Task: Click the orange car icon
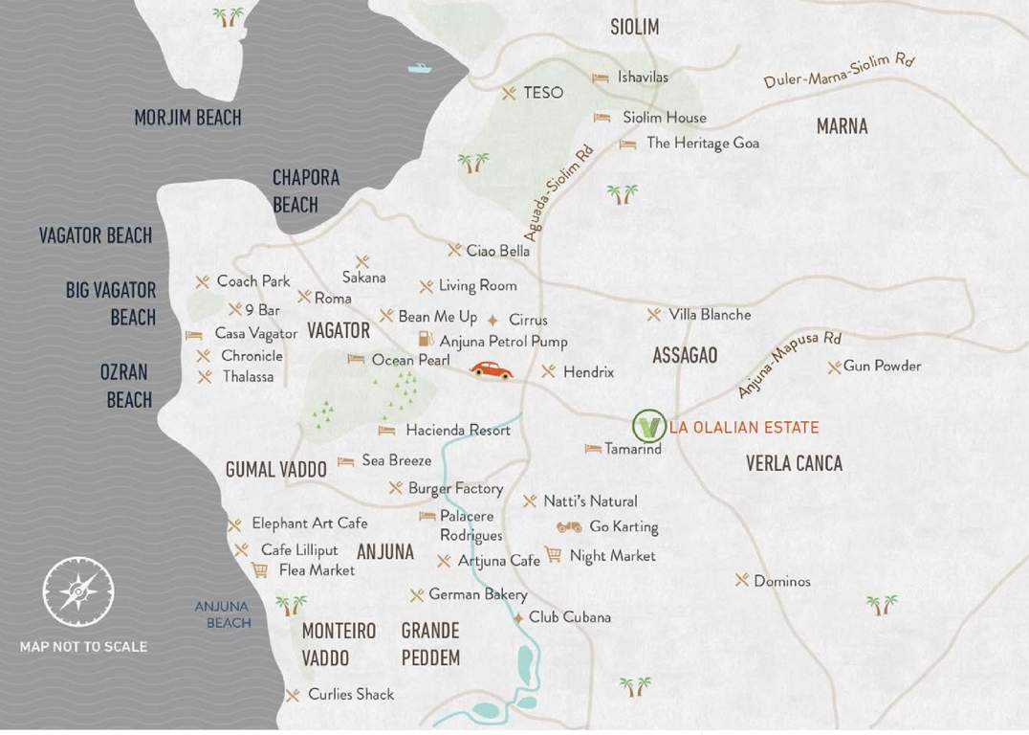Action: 491,370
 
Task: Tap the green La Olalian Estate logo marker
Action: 649,425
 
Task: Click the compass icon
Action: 77,591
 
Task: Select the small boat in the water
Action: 419,68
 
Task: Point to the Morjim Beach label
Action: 187,118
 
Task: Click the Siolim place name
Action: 634,27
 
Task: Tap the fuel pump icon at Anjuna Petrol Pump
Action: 425,340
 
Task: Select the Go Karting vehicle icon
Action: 569,526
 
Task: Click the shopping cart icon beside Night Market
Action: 553,554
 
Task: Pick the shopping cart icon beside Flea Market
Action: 259,569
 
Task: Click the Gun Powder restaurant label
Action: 882,366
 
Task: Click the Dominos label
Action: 781,581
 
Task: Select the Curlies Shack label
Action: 350,694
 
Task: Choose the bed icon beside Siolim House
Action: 602,118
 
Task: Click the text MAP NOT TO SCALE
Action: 83,647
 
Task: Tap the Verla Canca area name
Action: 794,463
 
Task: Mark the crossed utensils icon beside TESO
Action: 509,93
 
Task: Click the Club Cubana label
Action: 569,617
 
